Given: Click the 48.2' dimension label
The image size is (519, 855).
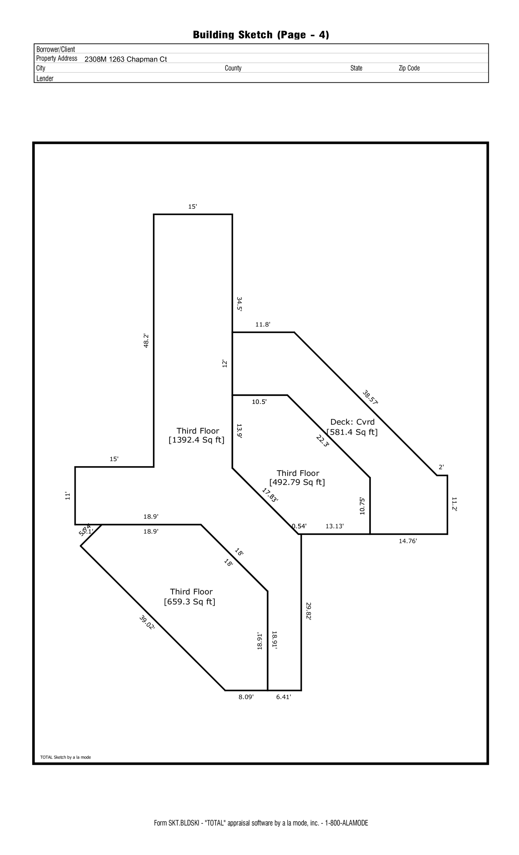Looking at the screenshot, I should (146, 340).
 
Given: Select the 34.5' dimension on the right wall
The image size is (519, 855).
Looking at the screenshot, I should (239, 304).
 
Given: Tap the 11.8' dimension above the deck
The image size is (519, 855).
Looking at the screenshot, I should (263, 324).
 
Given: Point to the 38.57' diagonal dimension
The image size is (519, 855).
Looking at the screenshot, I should (370, 397).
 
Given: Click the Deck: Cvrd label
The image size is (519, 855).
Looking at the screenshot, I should (352, 422).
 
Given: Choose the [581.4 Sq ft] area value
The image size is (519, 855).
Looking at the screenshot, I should (352, 432).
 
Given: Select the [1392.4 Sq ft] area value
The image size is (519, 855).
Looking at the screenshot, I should (196, 440).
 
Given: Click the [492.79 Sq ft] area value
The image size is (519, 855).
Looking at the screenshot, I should (297, 482).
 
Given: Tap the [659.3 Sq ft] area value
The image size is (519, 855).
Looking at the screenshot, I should (189, 602).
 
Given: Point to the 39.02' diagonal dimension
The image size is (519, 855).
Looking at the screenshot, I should (147, 623).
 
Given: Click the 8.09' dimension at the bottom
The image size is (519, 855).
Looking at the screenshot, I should (246, 697).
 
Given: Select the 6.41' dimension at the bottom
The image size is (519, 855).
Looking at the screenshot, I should (284, 697).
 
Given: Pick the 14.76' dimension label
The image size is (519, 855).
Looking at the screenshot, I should (408, 541).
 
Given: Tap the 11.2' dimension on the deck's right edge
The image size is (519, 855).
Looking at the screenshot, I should (454, 504).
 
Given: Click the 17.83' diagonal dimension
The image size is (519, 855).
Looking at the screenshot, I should (270, 495).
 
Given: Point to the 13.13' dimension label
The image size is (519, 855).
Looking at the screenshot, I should (334, 526).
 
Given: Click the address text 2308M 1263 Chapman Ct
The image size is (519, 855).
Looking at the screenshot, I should (126, 59).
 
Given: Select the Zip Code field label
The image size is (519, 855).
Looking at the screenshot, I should (409, 68).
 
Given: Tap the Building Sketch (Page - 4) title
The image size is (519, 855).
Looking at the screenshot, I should (261, 35).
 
